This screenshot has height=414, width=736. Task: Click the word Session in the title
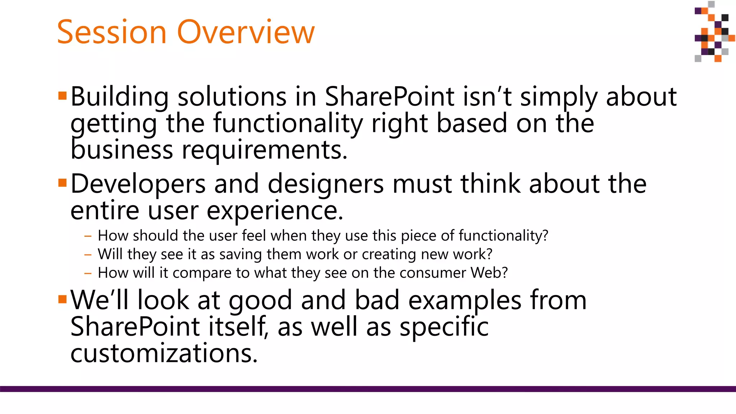tap(111, 32)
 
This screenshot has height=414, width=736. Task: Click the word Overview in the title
tap(246, 32)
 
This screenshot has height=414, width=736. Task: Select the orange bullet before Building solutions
tap(62, 96)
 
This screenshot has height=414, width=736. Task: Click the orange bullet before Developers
tap(62, 183)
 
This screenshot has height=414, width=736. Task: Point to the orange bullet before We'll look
tap(62, 299)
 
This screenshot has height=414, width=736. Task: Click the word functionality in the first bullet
tap(288, 123)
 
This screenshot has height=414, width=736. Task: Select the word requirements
tap(264, 150)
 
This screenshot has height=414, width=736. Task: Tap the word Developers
tap(138, 184)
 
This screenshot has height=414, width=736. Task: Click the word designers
tap(326, 184)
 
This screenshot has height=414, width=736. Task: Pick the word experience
tap(275, 211)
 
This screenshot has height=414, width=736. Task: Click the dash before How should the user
tap(88, 236)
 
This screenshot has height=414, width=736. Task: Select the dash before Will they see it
tap(88, 255)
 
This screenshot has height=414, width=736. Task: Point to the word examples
tap(464, 300)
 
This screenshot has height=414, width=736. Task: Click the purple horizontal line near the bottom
tap(368, 389)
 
